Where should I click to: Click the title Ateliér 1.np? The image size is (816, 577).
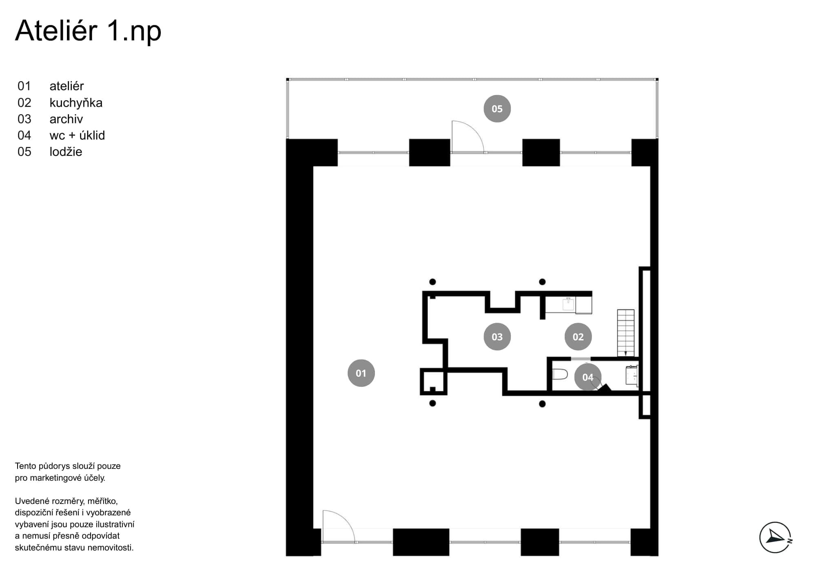(x=88, y=31)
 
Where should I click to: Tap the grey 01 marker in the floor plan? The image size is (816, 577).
(x=361, y=373)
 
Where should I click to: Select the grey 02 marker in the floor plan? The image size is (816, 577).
(x=578, y=337)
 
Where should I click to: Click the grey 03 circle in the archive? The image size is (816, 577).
(x=497, y=337)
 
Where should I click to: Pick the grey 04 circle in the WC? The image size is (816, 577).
(x=588, y=377)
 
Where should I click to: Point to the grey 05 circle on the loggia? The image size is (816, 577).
(x=497, y=109)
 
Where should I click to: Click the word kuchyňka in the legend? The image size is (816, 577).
(x=76, y=103)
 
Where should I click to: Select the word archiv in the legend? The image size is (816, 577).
(x=66, y=119)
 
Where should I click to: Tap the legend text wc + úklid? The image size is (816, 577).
(x=77, y=135)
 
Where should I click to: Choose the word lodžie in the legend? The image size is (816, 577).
(x=66, y=152)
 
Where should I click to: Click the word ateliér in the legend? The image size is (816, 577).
(x=67, y=86)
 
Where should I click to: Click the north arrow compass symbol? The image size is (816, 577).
(x=776, y=537)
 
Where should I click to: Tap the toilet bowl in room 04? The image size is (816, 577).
(x=560, y=374)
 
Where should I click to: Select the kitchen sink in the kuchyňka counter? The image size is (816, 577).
(x=568, y=304)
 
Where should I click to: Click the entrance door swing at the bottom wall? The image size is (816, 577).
(x=338, y=526)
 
